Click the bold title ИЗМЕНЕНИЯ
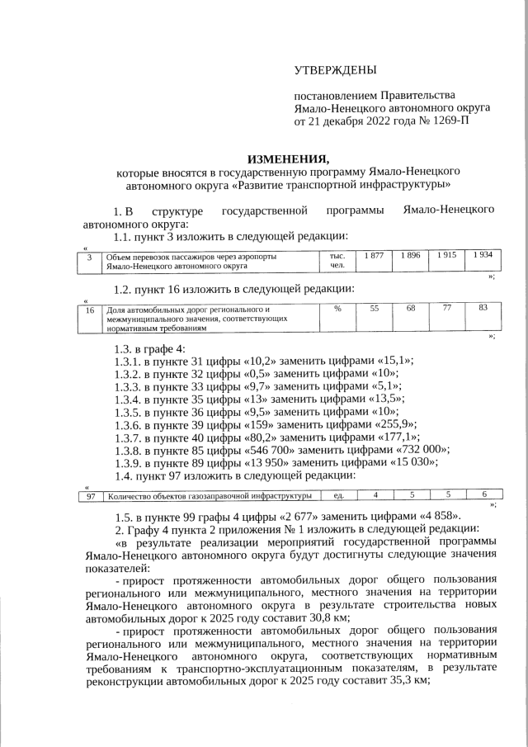(289, 159)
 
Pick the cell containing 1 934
(483, 255)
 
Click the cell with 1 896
(410, 255)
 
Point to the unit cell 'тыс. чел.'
(337, 261)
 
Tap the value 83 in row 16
(483, 308)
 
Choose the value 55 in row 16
(374, 308)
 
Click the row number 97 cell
(92, 495)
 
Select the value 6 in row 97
(483, 495)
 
